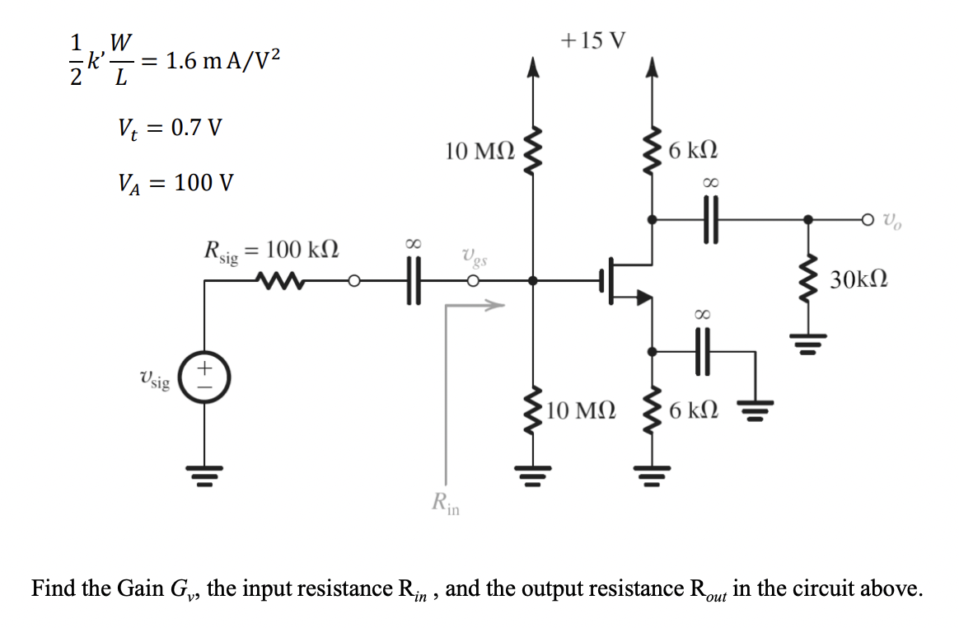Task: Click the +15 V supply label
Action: pos(592,40)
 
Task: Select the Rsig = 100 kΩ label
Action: pos(272,251)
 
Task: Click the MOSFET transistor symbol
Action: pos(627,283)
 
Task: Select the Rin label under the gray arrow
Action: pos(446,501)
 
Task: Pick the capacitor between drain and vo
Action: pos(709,220)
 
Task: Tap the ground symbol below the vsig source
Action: pos(205,475)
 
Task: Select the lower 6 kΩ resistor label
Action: pos(693,410)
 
